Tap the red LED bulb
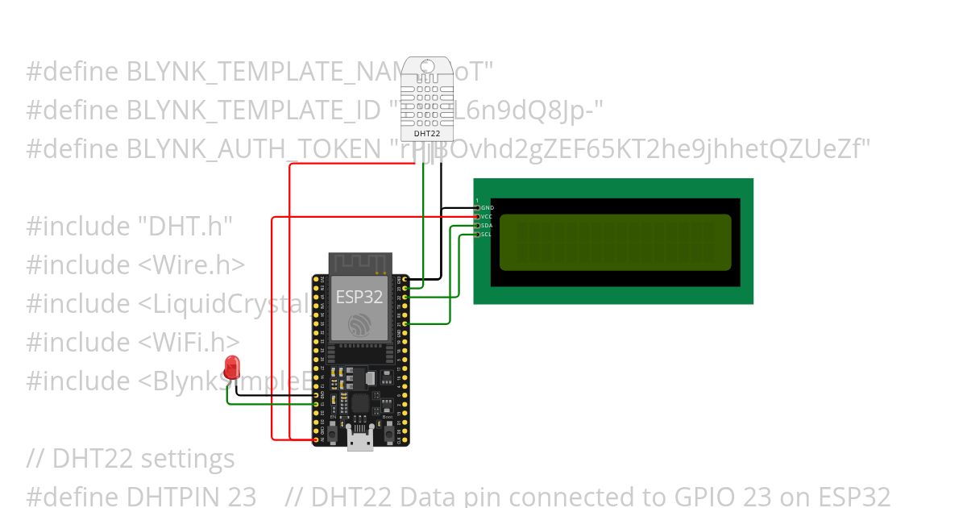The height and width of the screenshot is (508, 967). tap(233, 368)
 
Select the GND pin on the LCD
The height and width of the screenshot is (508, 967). tap(478, 208)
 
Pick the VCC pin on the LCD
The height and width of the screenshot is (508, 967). tap(478, 216)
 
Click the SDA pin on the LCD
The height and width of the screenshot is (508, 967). tap(478, 226)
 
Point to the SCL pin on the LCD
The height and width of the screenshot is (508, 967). tap(478, 235)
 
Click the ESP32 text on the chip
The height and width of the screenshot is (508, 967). tap(359, 296)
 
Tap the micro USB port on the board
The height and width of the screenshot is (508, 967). tap(359, 439)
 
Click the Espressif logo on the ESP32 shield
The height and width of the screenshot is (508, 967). tap(359, 325)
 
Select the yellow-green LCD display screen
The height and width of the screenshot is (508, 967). tap(616, 242)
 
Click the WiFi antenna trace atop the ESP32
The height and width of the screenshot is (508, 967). tap(359, 262)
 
